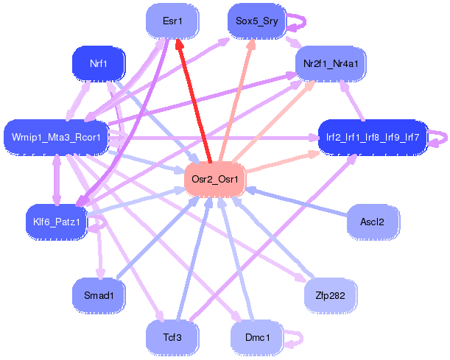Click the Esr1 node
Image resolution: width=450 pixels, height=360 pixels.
(x=173, y=21)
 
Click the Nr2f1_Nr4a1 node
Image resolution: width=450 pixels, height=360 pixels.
(x=331, y=64)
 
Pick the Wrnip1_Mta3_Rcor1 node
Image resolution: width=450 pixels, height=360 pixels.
(x=57, y=137)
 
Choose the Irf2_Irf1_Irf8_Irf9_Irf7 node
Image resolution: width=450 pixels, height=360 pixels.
(x=372, y=137)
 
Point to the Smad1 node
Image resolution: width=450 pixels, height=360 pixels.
(x=98, y=294)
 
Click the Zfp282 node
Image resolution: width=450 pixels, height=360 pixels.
(x=331, y=294)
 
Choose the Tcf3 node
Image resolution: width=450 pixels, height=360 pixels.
(x=174, y=337)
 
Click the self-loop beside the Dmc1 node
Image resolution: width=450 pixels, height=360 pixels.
(x=295, y=337)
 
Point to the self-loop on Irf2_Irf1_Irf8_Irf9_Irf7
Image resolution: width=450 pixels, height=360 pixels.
(x=439, y=137)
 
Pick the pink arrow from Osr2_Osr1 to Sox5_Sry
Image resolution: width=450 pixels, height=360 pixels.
(x=235, y=103)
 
